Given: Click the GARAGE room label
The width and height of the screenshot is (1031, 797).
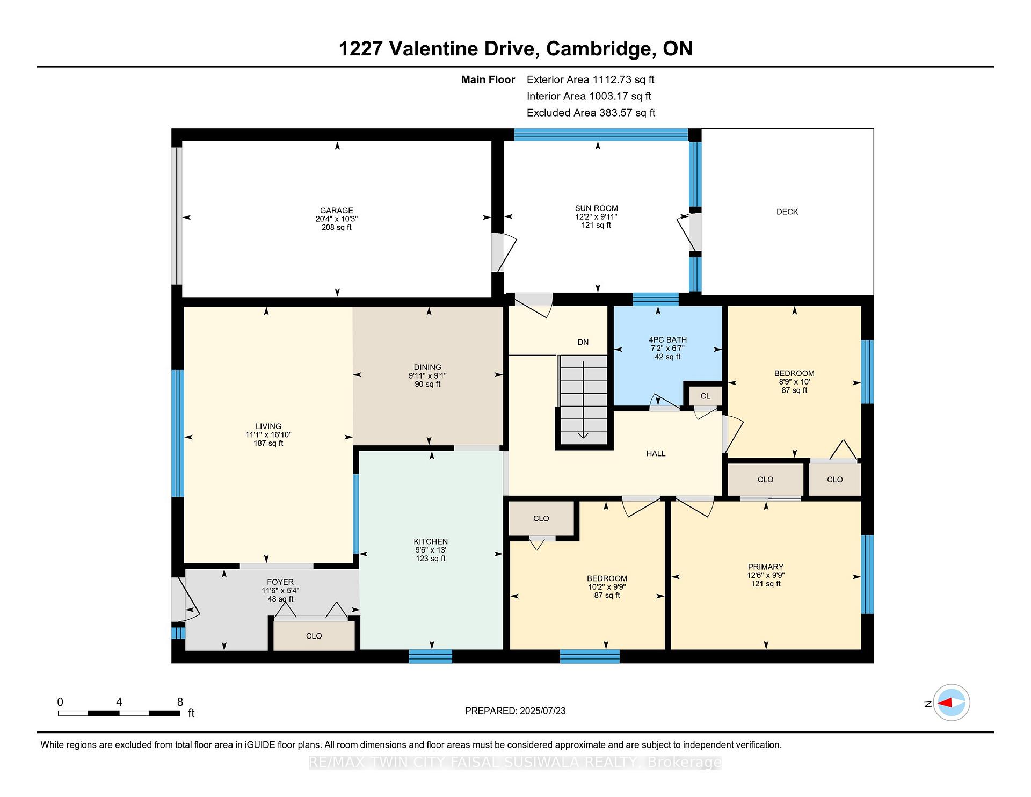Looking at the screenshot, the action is click(337, 211).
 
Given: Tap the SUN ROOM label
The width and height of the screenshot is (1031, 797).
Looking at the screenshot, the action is click(596, 208).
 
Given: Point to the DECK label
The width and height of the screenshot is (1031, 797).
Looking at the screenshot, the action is click(787, 212).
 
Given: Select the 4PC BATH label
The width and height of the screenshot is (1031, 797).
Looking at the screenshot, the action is click(667, 340).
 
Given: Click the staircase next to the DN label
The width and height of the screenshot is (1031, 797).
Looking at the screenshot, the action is click(584, 400).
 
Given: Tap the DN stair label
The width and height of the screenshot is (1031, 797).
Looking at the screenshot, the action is click(583, 342).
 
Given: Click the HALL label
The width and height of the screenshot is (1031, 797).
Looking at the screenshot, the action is click(656, 453).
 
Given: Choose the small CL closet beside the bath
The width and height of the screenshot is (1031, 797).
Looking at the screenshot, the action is click(706, 396).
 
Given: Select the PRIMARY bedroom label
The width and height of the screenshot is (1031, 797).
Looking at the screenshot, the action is click(766, 567).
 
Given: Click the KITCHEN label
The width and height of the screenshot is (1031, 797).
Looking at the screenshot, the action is click(431, 541).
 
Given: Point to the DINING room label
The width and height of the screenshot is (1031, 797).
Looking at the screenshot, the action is click(427, 367).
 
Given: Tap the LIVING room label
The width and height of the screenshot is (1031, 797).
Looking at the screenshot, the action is click(268, 426).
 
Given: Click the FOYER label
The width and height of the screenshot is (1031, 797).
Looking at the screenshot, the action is click(280, 582).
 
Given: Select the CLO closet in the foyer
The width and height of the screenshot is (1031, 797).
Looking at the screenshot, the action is click(314, 636).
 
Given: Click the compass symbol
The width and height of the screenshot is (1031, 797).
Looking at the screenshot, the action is click(952, 702).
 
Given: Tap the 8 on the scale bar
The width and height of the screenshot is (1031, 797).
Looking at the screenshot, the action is click(180, 702).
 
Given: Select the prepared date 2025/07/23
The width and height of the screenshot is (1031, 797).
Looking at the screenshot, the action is click(543, 711).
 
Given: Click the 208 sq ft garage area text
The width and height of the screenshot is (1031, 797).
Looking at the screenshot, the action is click(337, 227).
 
